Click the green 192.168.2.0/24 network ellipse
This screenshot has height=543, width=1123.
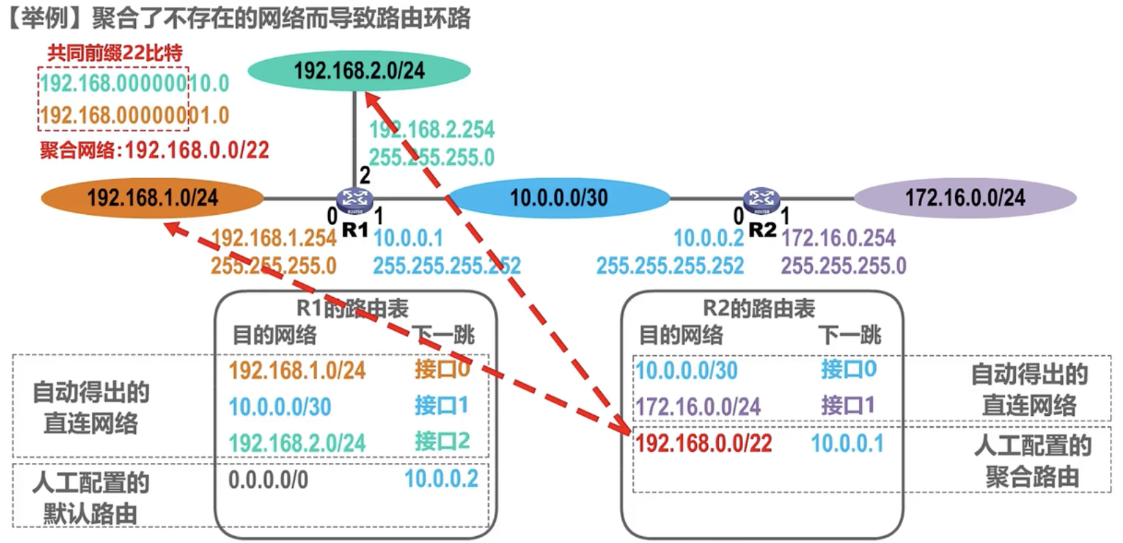coord(359,70)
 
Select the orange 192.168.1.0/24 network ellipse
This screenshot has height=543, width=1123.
coord(153,198)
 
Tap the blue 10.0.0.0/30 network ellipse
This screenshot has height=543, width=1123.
coord(559,198)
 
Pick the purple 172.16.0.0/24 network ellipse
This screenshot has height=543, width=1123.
coord(965,198)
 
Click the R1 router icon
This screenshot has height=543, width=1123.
coord(354,200)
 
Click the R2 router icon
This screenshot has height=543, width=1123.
coord(761,200)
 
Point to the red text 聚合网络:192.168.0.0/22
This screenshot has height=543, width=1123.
coord(155,150)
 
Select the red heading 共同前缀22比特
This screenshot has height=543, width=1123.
coord(115,53)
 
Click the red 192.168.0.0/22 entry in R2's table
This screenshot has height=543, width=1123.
coord(704,444)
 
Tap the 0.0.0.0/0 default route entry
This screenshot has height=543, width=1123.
coord(268,480)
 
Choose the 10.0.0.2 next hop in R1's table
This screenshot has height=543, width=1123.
coord(441,479)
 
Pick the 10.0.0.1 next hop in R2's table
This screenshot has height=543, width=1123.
coord(847,444)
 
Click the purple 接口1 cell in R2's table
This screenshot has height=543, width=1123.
coord(848,405)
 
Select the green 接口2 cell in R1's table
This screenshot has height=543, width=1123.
coord(442,441)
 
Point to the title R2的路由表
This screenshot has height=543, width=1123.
coord(760,309)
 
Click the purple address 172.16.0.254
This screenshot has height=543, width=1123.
coord(838,238)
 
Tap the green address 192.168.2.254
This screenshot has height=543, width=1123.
coord(432,130)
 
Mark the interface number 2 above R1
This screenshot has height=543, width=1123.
coord(365,175)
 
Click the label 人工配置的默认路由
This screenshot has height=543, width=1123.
coord(90,498)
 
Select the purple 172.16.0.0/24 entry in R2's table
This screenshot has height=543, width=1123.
coord(698,407)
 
